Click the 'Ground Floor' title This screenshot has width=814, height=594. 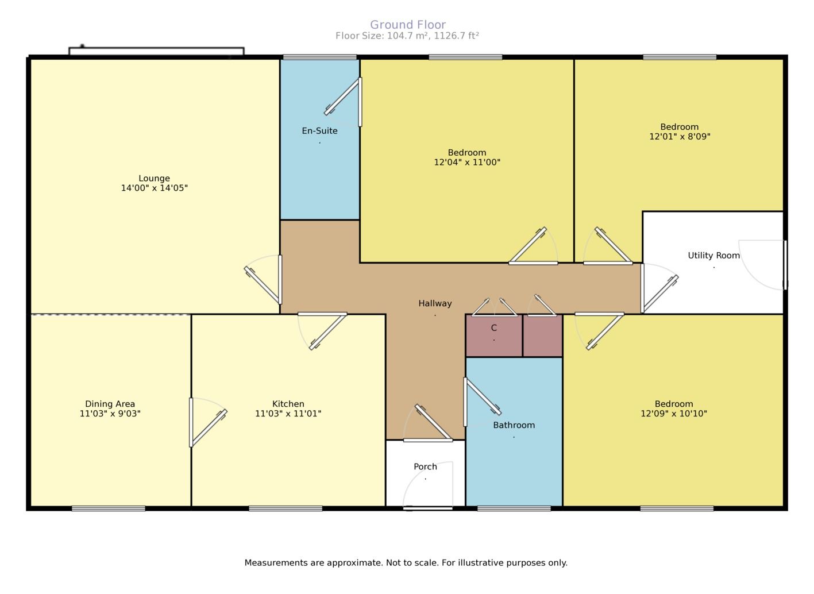pyautogui.click(x=408, y=25)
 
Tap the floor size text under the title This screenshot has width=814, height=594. pyautogui.click(x=407, y=36)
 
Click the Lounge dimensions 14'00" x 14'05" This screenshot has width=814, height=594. pyautogui.click(x=155, y=188)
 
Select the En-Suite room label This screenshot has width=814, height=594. pyautogui.click(x=320, y=131)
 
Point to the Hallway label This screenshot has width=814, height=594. pyautogui.click(x=435, y=303)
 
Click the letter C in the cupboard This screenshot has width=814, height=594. pyautogui.click(x=494, y=327)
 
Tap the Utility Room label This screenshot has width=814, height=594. pyautogui.click(x=713, y=256)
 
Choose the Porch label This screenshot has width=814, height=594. pyautogui.click(x=425, y=466)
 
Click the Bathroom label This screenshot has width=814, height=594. pyautogui.click(x=514, y=425)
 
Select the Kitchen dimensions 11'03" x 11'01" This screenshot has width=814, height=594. pyautogui.click(x=288, y=414)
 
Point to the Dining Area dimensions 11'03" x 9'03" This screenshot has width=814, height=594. pyautogui.click(x=110, y=414)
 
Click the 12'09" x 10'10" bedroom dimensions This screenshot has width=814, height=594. pyautogui.click(x=674, y=414)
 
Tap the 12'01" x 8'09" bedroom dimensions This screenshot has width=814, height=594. pyautogui.click(x=680, y=136)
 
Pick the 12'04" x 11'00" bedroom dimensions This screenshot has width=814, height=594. pyautogui.click(x=467, y=162)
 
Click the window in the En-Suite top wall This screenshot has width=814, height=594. pyautogui.click(x=320, y=57)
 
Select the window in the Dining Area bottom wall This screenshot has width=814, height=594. pyautogui.click(x=109, y=508)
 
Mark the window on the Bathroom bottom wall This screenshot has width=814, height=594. pyautogui.click(x=514, y=508)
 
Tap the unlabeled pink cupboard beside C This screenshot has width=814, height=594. pyautogui.click(x=542, y=335)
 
